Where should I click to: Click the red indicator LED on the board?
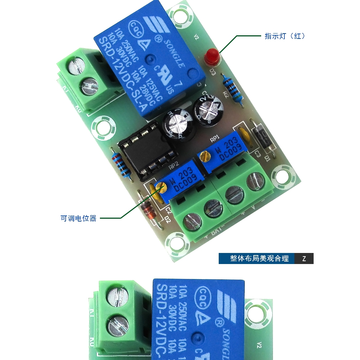[x=212, y=56]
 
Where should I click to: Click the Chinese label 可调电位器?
[x=78, y=218]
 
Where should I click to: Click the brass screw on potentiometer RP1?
[x=204, y=156]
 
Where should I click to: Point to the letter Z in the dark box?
[x=304, y=259]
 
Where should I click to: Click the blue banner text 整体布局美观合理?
[x=259, y=259]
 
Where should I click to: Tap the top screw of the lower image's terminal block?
[x=118, y=295]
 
